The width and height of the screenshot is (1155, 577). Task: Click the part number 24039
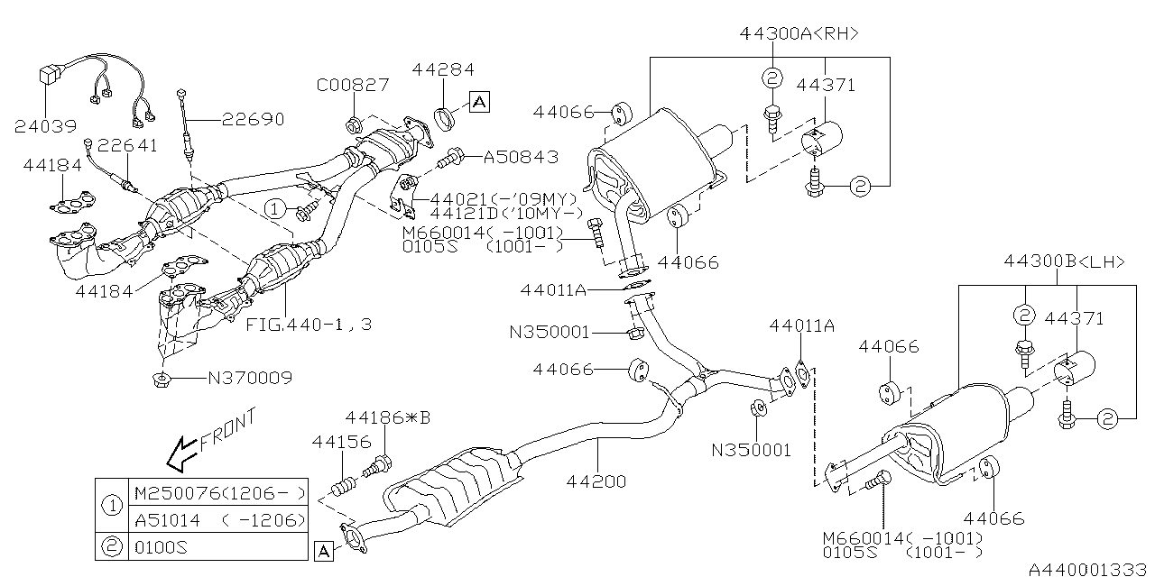pyautogui.click(x=44, y=126)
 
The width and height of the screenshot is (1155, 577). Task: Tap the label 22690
pyautogui.click(x=254, y=119)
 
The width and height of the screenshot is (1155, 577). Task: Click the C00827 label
pyautogui.click(x=352, y=86)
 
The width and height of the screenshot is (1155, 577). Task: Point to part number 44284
pyautogui.click(x=443, y=69)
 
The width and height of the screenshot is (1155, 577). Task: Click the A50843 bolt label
pyautogui.click(x=521, y=157)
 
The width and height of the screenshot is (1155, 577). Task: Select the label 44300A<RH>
pyautogui.click(x=799, y=33)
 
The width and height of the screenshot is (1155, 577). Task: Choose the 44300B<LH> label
pyautogui.click(x=1064, y=262)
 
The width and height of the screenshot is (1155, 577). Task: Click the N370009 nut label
pyautogui.click(x=250, y=379)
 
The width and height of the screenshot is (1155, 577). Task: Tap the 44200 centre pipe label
pyautogui.click(x=596, y=481)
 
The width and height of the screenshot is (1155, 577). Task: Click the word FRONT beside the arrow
pyautogui.click(x=228, y=431)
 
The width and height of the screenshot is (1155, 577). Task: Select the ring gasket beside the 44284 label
pyautogui.click(x=445, y=117)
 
